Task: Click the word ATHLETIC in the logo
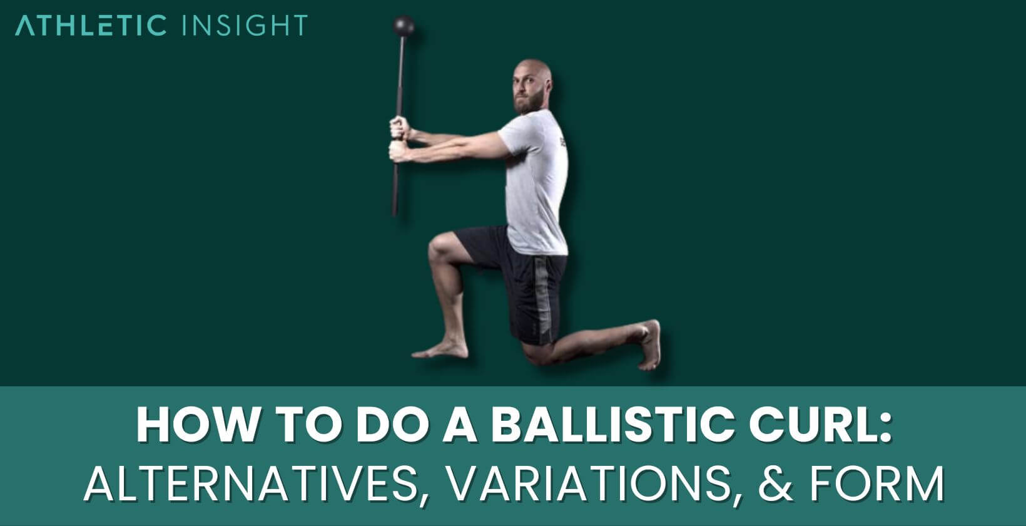(x=91, y=26)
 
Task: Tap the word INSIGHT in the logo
(x=243, y=26)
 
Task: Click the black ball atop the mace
(x=404, y=26)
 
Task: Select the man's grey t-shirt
(x=538, y=182)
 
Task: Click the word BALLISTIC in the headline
(x=613, y=425)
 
